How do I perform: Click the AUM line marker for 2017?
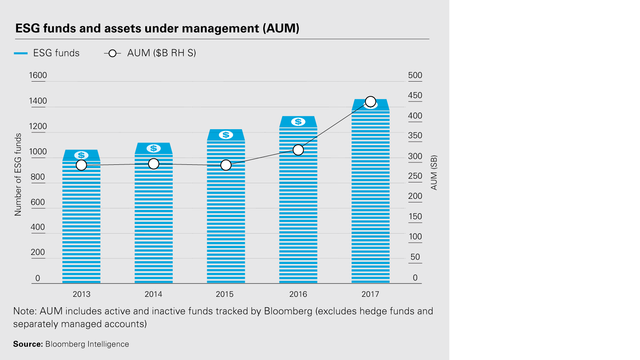pyautogui.click(x=370, y=102)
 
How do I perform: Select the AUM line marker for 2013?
pyautogui.click(x=81, y=165)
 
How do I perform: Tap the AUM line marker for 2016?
pyautogui.click(x=298, y=150)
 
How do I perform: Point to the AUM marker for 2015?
pyautogui.click(x=226, y=165)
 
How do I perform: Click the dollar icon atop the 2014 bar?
pyautogui.click(x=154, y=148)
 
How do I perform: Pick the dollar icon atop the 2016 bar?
pyautogui.click(x=298, y=122)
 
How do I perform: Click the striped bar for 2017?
pyautogui.click(x=370, y=200)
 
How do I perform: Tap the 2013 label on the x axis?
pyautogui.click(x=81, y=294)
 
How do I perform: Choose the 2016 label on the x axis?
pyautogui.click(x=298, y=294)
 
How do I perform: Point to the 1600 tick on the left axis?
pyautogui.click(x=38, y=75)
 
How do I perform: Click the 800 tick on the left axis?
pyautogui.click(x=38, y=177)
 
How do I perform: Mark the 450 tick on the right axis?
pyautogui.click(x=415, y=95)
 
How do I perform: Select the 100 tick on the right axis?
pyautogui.click(x=415, y=236)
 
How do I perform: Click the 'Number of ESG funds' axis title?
pyautogui.click(x=18, y=174)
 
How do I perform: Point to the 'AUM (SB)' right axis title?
pyautogui.click(x=434, y=172)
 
